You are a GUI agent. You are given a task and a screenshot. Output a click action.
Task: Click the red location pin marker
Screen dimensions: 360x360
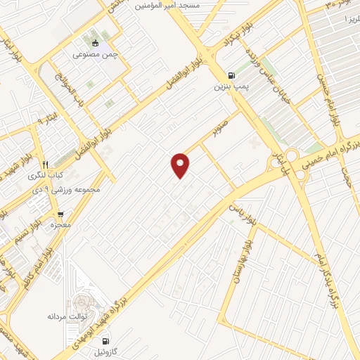pyautogui.click(x=181, y=165)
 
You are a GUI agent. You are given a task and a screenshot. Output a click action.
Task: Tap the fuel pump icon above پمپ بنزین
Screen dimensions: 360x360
pyautogui.click(x=231, y=76)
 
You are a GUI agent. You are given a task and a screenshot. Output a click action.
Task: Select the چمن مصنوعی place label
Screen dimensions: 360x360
pyautogui.click(x=95, y=55)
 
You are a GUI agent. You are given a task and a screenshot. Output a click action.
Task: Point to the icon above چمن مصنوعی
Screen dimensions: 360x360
pyautogui.click(x=95, y=43)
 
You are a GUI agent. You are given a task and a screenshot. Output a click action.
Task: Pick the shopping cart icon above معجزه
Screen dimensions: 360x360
pyautogui.click(x=60, y=214)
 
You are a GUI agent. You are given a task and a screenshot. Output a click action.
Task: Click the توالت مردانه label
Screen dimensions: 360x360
pyautogui.click(x=86, y=316)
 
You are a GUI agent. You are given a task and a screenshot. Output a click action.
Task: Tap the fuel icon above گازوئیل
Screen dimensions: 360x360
pyautogui.click(x=105, y=342)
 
